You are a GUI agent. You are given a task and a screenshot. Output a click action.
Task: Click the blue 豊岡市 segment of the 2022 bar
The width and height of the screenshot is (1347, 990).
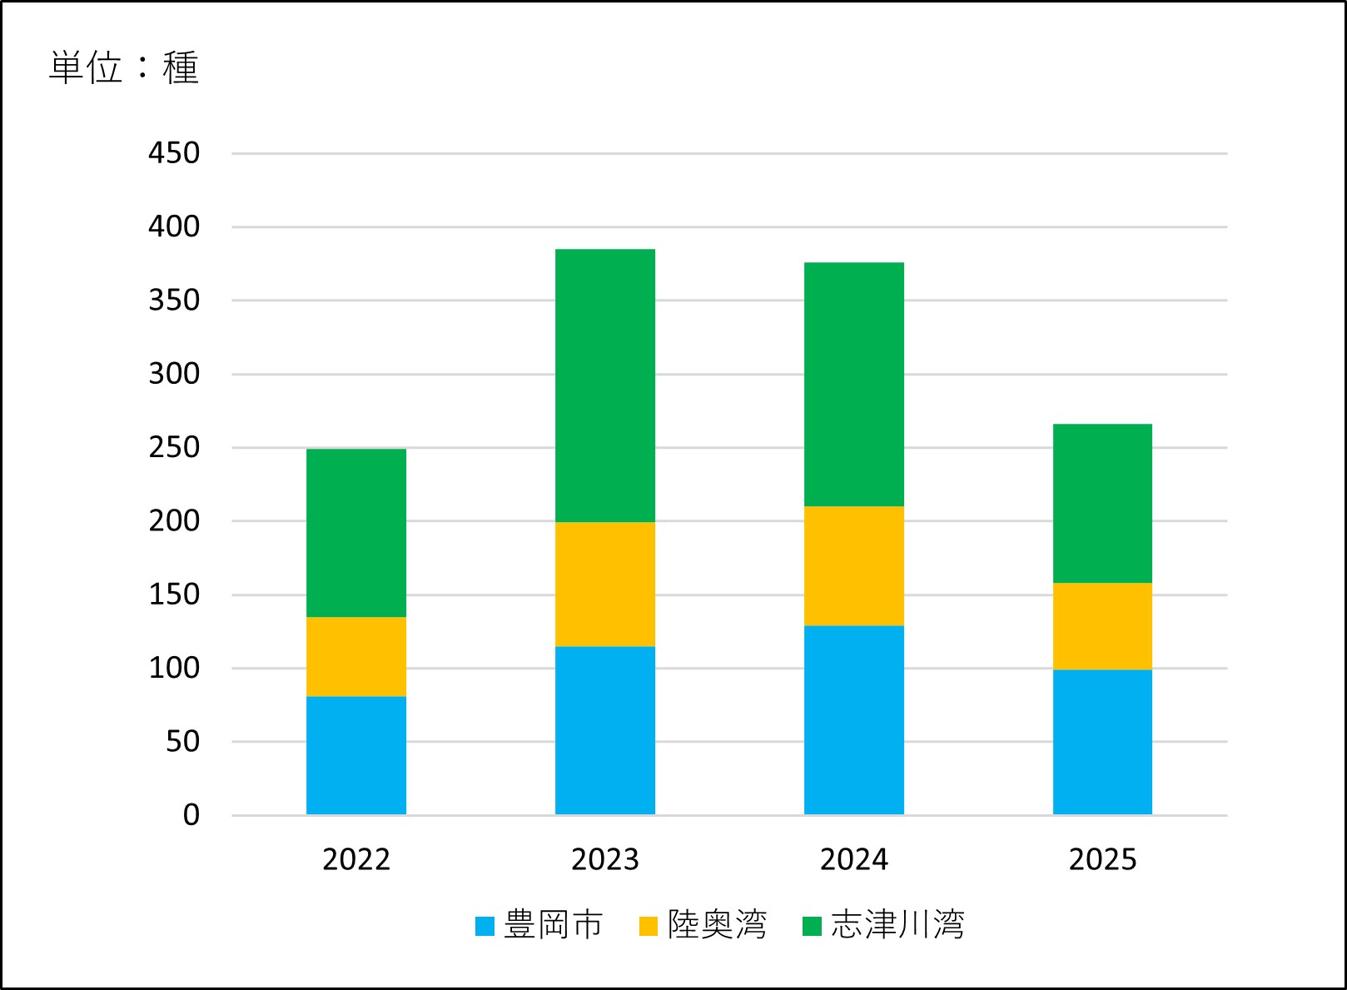356,755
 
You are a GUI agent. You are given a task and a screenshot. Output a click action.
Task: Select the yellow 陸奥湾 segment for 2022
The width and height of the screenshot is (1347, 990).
356,656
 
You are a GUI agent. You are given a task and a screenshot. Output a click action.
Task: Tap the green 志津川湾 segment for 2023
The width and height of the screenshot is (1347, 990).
605,386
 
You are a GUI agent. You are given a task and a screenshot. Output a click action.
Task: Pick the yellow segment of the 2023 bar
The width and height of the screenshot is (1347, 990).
605,584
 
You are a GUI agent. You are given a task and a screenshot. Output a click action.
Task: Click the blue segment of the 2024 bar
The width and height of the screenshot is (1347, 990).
853,719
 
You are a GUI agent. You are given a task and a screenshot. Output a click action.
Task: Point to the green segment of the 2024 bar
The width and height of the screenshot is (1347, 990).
853,384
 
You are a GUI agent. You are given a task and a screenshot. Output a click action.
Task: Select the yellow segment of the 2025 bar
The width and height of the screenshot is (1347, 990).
1102,625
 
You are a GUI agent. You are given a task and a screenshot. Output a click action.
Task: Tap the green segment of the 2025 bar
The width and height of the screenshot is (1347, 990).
1102,503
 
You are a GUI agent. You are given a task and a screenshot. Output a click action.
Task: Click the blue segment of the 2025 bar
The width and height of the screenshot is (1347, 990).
1102,741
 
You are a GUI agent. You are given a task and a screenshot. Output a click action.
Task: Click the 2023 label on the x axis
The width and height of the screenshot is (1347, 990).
605,859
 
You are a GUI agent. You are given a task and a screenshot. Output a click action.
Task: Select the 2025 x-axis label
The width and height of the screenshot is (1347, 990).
1102,859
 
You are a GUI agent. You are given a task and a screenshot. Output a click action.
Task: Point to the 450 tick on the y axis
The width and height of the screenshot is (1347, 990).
174,153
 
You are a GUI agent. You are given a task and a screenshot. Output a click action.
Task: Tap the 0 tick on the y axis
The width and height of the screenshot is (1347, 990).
191,814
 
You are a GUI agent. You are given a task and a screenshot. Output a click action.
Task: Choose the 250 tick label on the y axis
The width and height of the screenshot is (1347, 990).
174,447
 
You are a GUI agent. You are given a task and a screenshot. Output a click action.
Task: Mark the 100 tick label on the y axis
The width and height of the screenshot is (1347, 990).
174,668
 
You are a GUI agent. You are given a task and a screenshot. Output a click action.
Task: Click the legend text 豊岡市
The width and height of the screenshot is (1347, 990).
553,925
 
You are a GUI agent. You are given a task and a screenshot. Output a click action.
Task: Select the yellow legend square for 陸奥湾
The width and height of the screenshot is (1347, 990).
649,926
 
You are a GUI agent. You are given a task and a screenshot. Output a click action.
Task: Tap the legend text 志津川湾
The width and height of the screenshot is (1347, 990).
897,925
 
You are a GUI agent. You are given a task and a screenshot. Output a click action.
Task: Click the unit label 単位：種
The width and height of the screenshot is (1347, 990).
124,67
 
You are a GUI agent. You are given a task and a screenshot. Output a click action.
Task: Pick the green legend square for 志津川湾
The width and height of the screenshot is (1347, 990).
812,926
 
